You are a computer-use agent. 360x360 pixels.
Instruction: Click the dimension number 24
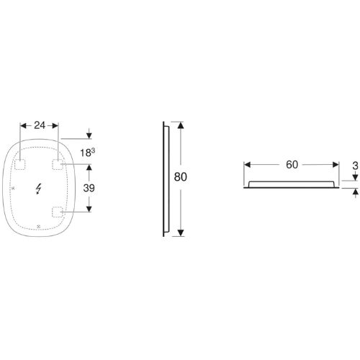40,125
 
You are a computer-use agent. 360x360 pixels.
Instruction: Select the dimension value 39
89,188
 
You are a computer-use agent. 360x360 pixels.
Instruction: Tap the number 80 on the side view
181,177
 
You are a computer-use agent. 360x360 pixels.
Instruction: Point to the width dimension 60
292,165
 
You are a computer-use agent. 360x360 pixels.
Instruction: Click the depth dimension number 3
356,166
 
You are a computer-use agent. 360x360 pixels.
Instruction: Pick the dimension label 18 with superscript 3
87,153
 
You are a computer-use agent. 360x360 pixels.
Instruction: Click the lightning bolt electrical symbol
38,189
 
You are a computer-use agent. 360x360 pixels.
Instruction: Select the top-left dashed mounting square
20,164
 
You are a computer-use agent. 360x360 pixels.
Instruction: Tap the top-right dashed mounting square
58,164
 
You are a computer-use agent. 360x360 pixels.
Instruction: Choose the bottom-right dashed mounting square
58,212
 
